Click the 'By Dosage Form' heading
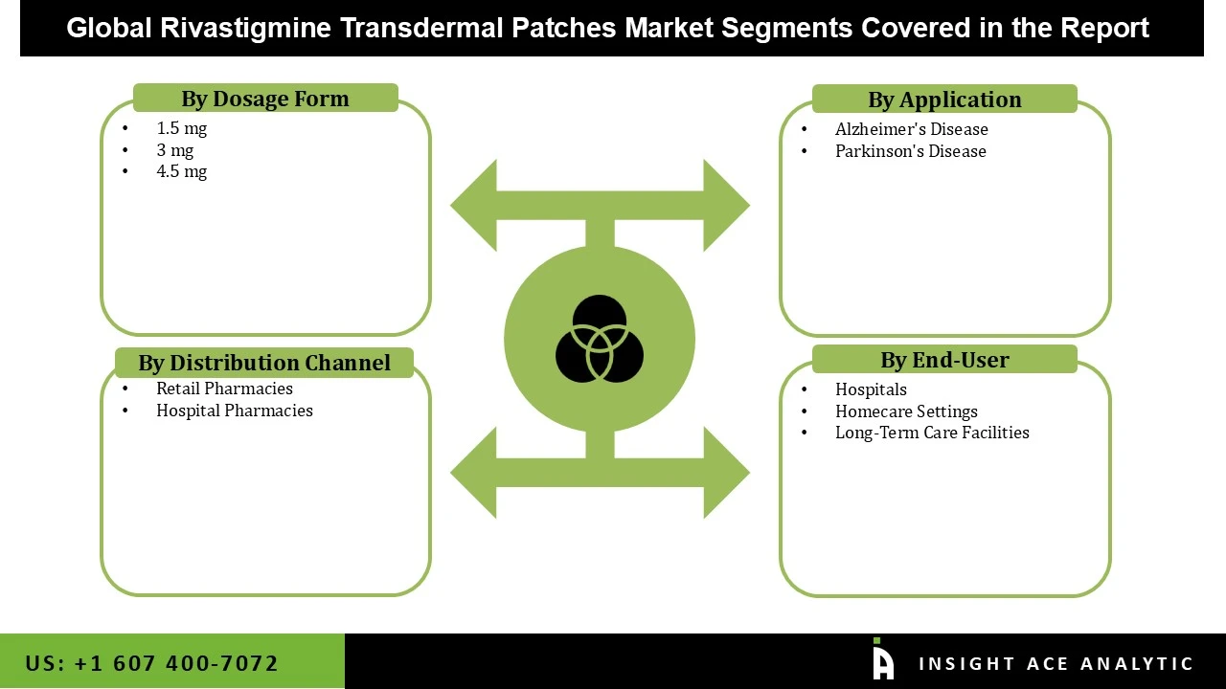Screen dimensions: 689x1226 pos(264,99)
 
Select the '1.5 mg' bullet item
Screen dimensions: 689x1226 pos(181,128)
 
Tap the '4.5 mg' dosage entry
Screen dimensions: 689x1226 pos(181,171)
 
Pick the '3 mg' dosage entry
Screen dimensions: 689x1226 pos(174,150)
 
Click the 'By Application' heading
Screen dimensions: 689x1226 pos(944,100)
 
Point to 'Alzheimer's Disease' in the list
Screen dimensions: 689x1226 pos(911,129)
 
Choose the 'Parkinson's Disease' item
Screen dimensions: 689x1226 pos(910,151)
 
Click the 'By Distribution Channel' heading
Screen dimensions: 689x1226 pos(264,363)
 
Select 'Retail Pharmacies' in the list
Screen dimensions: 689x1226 pos(224,389)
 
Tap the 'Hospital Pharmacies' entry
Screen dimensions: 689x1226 pos(234,411)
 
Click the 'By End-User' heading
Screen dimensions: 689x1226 pos(944,360)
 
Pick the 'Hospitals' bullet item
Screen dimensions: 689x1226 pos(871,389)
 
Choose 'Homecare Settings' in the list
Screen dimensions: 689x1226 pos(906,411)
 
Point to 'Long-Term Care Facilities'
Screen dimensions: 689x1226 pos(932,433)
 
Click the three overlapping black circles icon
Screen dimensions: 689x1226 pos(600,339)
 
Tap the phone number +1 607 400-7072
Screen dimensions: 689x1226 pos(152,663)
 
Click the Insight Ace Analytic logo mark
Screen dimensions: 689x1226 pos(882,660)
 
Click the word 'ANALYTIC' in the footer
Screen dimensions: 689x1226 pos(1137,664)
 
